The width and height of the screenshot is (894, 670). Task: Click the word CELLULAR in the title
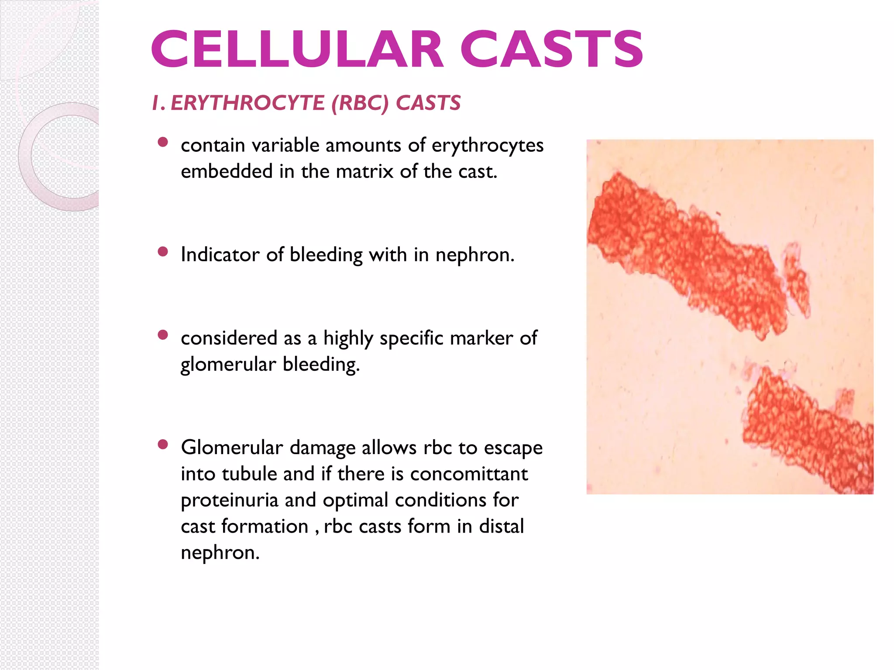297,49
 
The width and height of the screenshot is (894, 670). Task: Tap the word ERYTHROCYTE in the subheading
247,103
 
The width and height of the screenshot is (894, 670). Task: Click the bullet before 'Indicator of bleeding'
163,252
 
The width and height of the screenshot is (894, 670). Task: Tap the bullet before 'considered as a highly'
163,335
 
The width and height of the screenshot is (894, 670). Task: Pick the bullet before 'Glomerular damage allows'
163,444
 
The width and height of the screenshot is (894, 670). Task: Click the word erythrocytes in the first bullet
487,146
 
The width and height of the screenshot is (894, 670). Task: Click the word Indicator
220,255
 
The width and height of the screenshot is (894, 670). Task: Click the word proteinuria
229,500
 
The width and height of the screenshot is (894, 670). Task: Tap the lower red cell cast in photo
808,432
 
